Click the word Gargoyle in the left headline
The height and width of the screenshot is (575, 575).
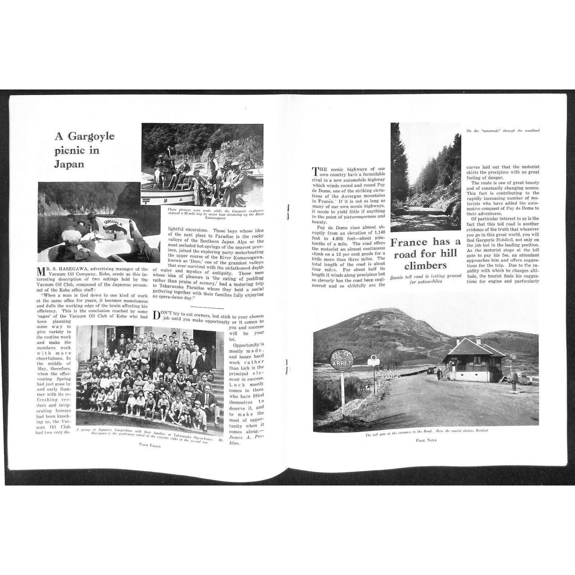pyautogui.click(x=91, y=136)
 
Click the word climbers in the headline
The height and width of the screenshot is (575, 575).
pyautogui.click(x=425, y=265)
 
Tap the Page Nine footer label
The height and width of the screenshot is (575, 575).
pyautogui.click(x=426, y=440)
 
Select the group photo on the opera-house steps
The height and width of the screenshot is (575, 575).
pyautogui.click(x=150, y=375)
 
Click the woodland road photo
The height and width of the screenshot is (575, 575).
pyautogui.click(x=426, y=177)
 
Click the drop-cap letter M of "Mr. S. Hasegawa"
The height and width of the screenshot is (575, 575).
pyautogui.click(x=41, y=272)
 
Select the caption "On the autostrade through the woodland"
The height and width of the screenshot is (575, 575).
pyautogui.click(x=505, y=131)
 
